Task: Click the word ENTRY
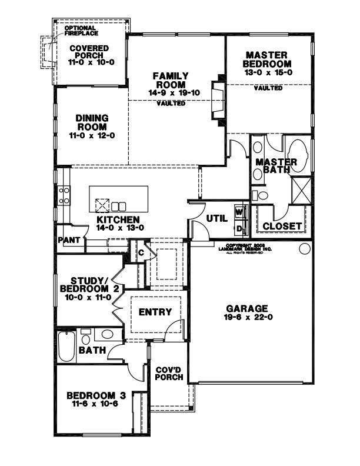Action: click(155, 312)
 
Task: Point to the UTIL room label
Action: click(216, 218)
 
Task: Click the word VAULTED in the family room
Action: click(171, 104)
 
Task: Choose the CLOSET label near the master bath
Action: click(282, 226)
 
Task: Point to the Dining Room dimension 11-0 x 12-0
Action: click(91, 135)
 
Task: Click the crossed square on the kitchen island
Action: click(102, 205)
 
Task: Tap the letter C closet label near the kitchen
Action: click(141, 252)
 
